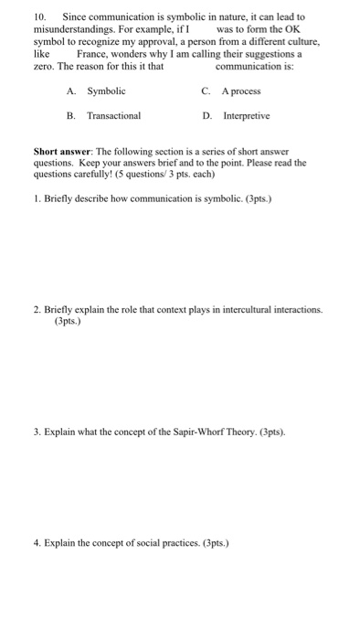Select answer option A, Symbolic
click(106, 91)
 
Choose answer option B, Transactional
click(113, 117)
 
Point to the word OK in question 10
click(293, 30)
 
